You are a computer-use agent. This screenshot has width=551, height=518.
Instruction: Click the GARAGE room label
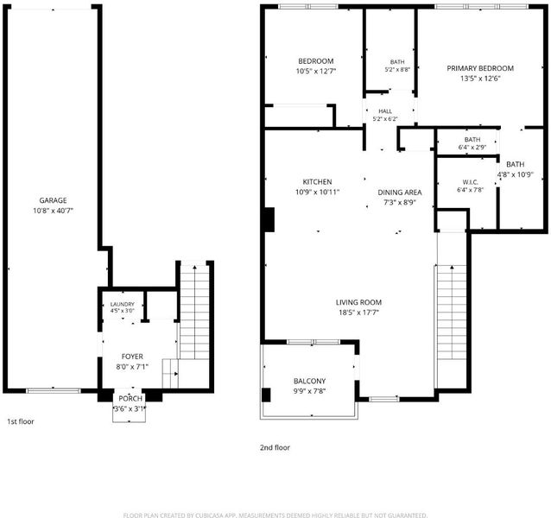click(x=53, y=200)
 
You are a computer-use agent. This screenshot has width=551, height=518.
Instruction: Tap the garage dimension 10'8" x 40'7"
click(x=53, y=211)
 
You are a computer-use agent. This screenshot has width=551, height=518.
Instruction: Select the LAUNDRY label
click(x=123, y=304)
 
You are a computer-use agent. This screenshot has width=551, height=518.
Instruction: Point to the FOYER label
click(x=132, y=357)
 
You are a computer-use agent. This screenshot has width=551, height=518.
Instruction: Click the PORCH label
click(x=130, y=398)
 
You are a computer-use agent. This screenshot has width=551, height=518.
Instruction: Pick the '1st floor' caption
click(x=21, y=421)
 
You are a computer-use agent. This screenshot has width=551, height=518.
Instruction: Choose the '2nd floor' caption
click(x=275, y=447)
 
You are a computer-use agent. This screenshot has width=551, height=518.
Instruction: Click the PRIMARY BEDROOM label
click(x=480, y=68)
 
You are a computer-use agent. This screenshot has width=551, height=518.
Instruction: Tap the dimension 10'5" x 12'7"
click(x=316, y=72)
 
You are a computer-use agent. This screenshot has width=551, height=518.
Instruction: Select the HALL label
click(x=385, y=111)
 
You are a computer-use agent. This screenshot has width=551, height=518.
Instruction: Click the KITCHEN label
click(x=317, y=181)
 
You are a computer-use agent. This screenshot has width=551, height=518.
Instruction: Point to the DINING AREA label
click(x=400, y=193)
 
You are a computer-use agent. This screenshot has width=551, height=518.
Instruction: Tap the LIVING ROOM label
click(x=358, y=302)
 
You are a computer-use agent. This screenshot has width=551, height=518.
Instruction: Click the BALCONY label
click(x=309, y=381)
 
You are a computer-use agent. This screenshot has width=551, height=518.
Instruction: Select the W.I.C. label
click(x=470, y=182)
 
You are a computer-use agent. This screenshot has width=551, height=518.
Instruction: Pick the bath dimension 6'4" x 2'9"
click(x=472, y=148)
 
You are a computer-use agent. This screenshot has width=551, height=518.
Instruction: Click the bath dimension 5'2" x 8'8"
click(x=397, y=70)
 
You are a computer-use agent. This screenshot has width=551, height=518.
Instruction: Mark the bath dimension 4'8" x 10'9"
click(x=515, y=174)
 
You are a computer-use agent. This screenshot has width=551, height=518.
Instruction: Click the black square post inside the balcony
click(x=266, y=395)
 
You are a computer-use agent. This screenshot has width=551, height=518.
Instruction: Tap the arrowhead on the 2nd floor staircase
click(x=452, y=268)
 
